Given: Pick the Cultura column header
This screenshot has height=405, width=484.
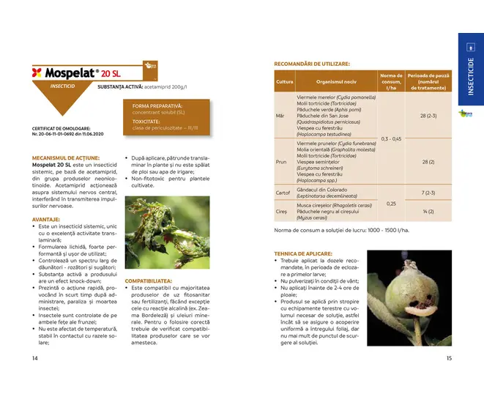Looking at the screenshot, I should point(284,81).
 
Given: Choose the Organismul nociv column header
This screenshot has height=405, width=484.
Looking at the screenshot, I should point(335,81).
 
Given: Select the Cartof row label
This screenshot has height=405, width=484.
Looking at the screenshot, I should point(284,193).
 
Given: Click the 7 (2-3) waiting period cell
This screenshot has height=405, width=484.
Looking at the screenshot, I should point(428,193).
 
